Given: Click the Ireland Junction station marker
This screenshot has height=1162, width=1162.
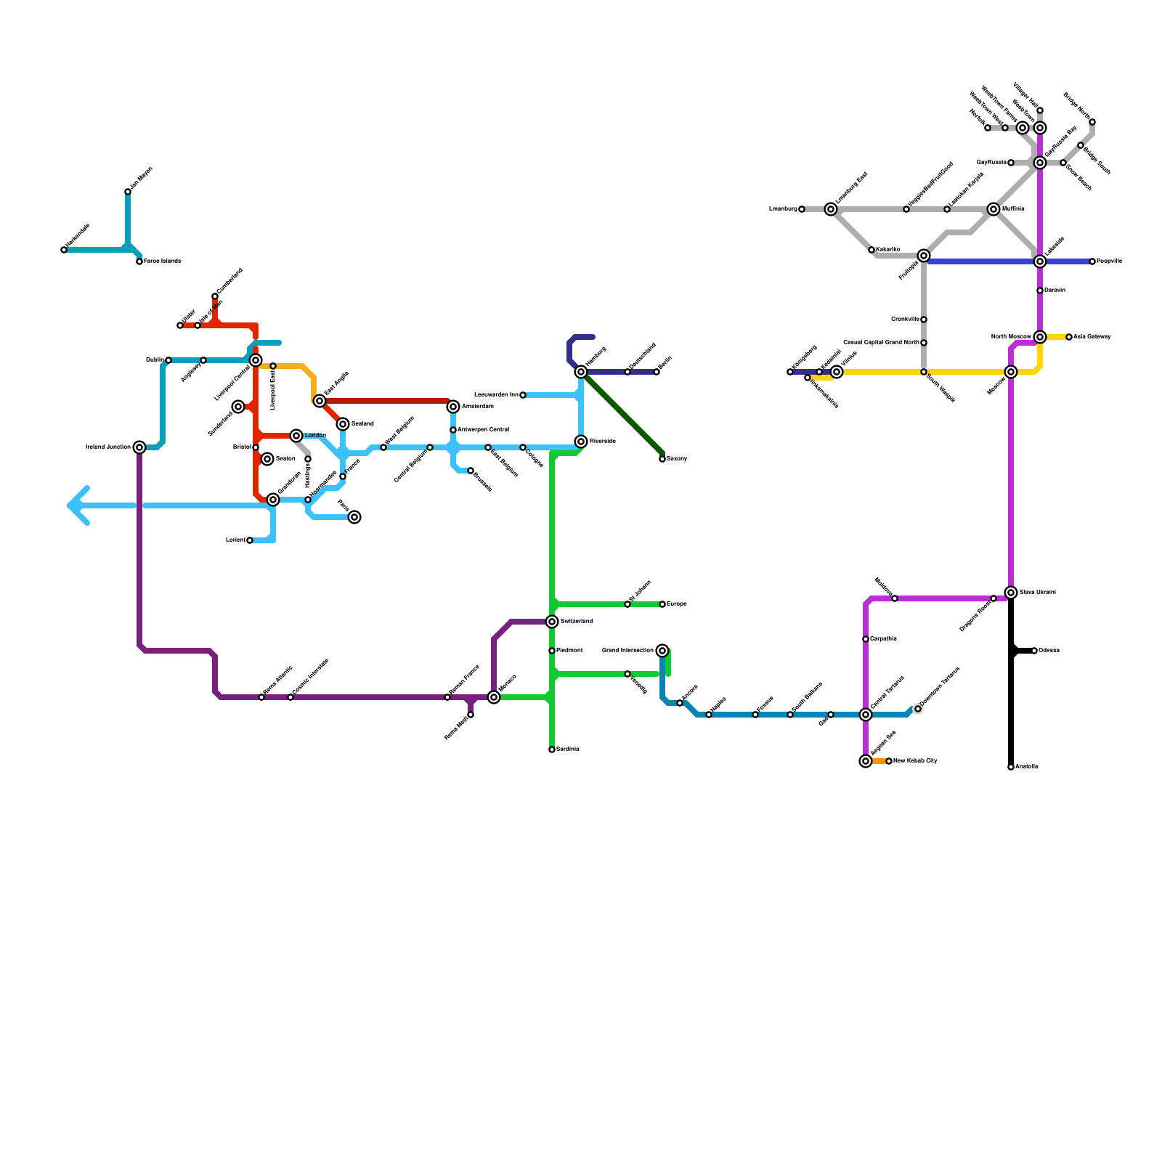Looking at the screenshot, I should pyautogui.click(x=139, y=447).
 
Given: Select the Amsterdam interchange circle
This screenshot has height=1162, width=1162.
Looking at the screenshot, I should pyautogui.click(x=453, y=407).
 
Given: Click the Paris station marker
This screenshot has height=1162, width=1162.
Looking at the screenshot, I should pyautogui.click(x=354, y=517).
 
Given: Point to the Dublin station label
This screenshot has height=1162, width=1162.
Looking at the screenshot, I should pyautogui.click(x=154, y=360).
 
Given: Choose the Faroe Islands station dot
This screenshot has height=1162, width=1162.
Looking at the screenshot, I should pyautogui.click(x=139, y=261).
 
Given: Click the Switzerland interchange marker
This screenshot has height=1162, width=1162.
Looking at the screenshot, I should pyautogui.click(x=552, y=622).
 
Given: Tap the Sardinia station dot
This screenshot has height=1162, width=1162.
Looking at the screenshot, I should pyautogui.click(x=552, y=749).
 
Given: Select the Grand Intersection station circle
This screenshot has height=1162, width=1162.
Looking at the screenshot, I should pyautogui.click(x=662, y=651).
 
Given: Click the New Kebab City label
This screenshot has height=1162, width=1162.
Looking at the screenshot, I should pyautogui.click(x=915, y=761).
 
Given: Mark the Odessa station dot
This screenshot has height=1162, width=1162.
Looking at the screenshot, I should pyautogui.click(x=1034, y=651).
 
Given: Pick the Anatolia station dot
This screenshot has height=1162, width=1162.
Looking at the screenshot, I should pyautogui.click(x=1011, y=767).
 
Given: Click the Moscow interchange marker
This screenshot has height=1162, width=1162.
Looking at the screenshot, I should pyautogui.click(x=1011, y=372).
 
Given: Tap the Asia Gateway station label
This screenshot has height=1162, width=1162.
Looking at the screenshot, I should pyautogui.click(x=1092, y=337).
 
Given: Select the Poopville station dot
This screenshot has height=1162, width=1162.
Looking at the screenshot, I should pyautogui.click(x=1092, y=261).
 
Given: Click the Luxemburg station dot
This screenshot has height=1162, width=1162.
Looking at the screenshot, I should pyautogui.click(x=802, y=209).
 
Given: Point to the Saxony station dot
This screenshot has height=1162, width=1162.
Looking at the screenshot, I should pyautogui.click(x=662, y=459).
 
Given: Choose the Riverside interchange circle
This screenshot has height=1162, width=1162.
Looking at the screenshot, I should pyautogui.click(x=581, y=442).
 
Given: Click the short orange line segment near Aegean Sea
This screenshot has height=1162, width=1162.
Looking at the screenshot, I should pyautogui.click(x=879, y=761).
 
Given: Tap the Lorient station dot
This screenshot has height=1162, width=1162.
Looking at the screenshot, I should pyautogui.click(x=250, y=540).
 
